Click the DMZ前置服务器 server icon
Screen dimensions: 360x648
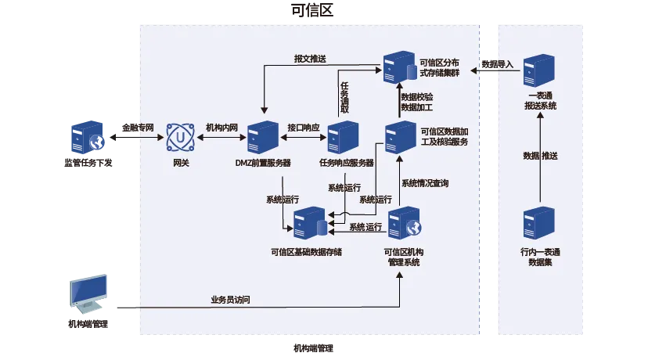click(261, 138)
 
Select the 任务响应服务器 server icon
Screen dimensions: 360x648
click(342, 138)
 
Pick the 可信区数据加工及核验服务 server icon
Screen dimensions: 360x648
click(400, 138)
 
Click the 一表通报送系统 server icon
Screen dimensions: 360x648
click(539, 70)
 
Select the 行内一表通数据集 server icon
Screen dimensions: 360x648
click(539, 223)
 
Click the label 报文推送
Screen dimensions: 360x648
click(310, 59)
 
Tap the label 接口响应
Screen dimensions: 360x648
click(303, 127)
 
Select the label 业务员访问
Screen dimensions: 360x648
click(230, 300)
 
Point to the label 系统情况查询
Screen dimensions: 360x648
click(425, 183)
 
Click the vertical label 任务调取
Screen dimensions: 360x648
click(344, 97)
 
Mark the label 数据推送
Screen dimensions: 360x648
click(540, 156)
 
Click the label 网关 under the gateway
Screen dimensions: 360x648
click(182, 163)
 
